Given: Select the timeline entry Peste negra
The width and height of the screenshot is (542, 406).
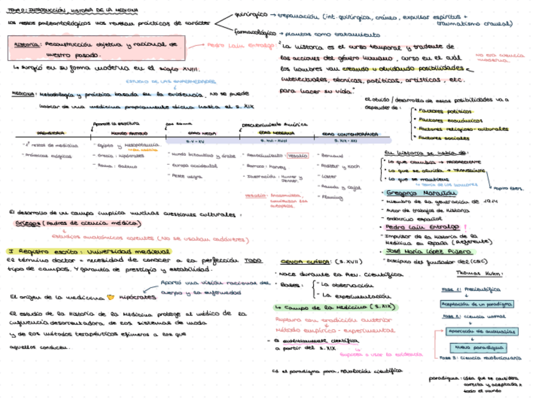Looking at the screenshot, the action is (x=186, y=176).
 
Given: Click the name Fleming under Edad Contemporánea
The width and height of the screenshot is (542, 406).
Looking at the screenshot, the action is (x=334, y=199).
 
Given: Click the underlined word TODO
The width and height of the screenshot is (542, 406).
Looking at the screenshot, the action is (x=254, y=260).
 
